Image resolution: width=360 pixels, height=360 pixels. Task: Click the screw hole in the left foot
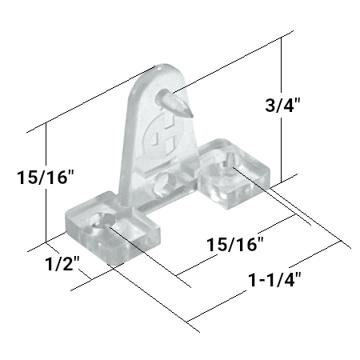(102, 220)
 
